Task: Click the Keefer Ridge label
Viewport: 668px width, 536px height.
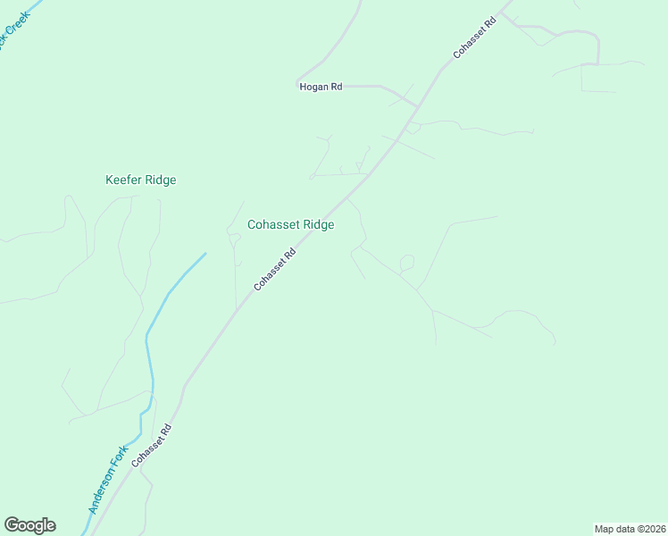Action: [x=141, y=180]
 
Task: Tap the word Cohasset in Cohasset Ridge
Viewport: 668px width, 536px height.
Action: [x=274, y=225]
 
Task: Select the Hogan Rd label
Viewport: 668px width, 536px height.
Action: [x=321, y=87]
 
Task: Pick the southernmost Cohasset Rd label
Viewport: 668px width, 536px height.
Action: [x=151, y=446]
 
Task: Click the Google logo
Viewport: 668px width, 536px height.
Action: [x=29, y=525]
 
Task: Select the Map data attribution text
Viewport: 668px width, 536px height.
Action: [x=629, y=529]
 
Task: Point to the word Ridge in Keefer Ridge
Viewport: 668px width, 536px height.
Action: [x=161, y=180]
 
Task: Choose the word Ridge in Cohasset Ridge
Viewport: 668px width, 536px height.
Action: [x=319, y=225]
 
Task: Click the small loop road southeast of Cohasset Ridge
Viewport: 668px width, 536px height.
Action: [x=407, y=263]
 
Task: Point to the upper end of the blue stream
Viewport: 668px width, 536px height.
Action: [x=205, y=254]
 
